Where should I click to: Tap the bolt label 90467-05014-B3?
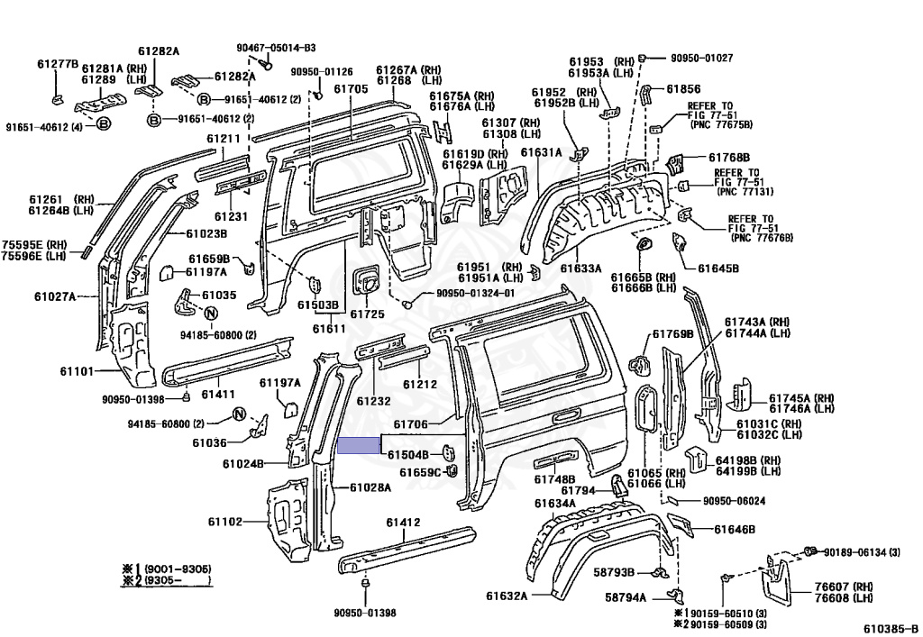click(x=270, y=48)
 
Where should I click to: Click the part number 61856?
click(x=683, y=89)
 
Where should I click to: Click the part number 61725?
click(x=367, y=314)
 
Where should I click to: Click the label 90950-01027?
click(x=701, y=58)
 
